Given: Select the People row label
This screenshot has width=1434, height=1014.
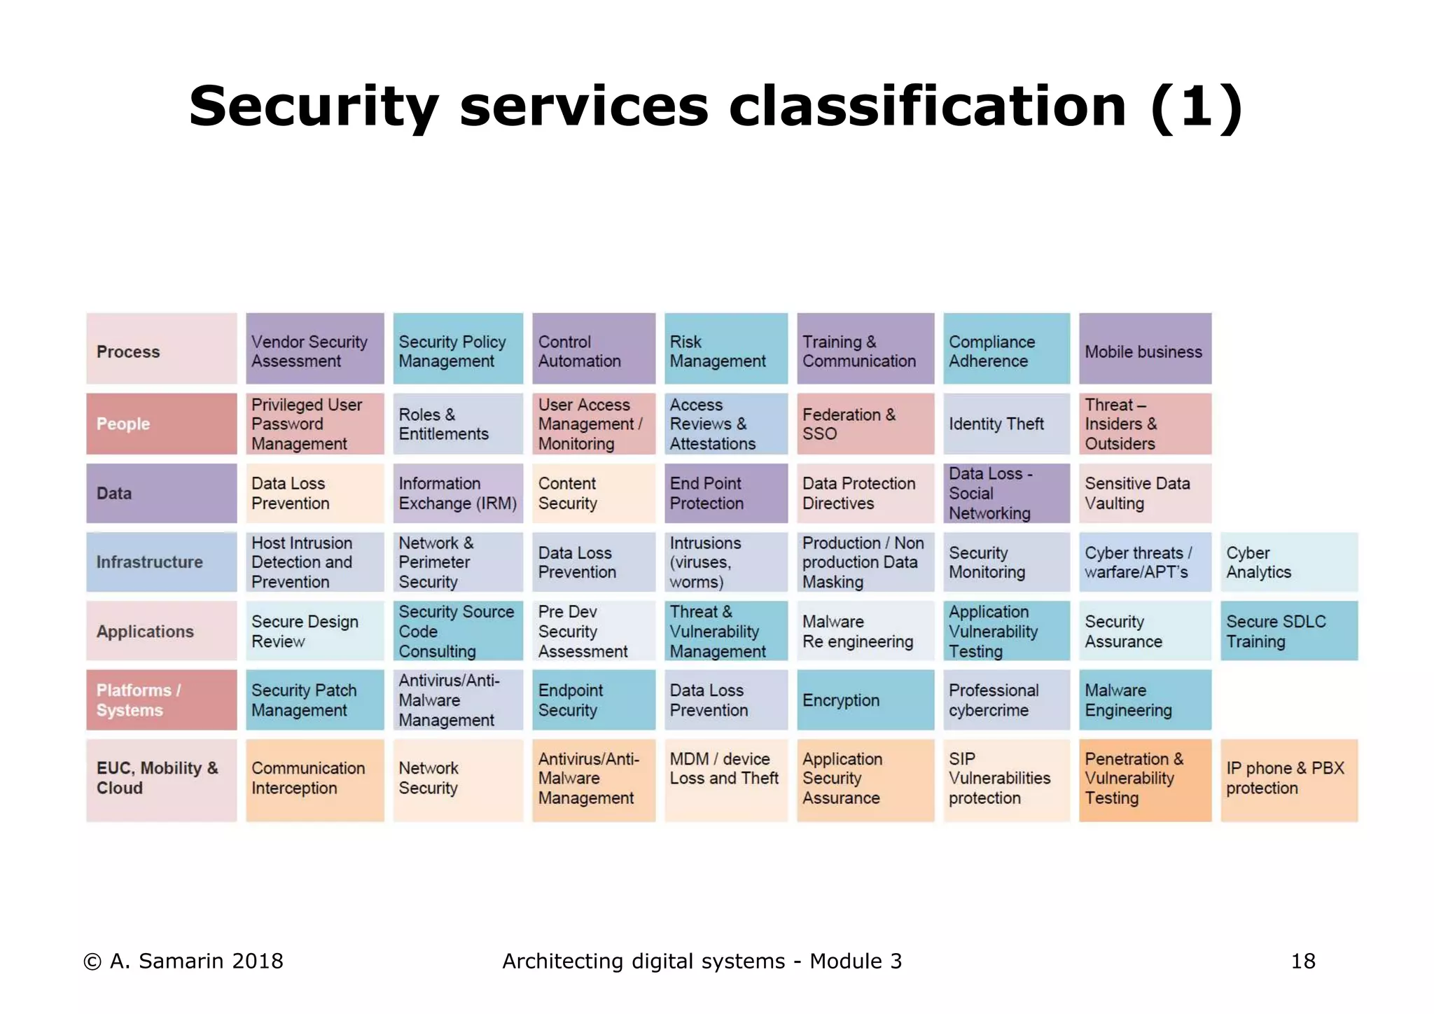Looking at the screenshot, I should (161, 424).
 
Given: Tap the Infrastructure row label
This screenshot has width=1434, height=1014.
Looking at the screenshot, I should (161, 562).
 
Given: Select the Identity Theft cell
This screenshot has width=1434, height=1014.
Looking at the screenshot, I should (1006, 424).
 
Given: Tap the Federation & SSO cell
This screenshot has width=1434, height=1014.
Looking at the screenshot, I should (865, 424).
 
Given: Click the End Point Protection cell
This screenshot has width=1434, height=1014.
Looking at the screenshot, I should (725, 493).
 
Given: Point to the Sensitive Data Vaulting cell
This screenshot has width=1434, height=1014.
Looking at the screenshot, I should (1145, 493).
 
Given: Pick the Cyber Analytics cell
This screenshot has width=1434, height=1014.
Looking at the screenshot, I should (1288, 562).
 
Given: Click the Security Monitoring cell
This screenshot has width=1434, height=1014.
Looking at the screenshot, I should (1006, 562).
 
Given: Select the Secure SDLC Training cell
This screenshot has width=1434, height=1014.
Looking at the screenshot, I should (1288, 631).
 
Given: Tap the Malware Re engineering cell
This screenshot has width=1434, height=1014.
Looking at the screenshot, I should (865, 631).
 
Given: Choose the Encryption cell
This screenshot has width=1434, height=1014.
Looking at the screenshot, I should (865, 700).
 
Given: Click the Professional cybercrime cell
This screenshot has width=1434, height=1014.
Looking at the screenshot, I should (1006, 700).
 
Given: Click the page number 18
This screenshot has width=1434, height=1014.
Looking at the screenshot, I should (1303, 961).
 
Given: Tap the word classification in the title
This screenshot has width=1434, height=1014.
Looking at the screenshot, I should (927, 106).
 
